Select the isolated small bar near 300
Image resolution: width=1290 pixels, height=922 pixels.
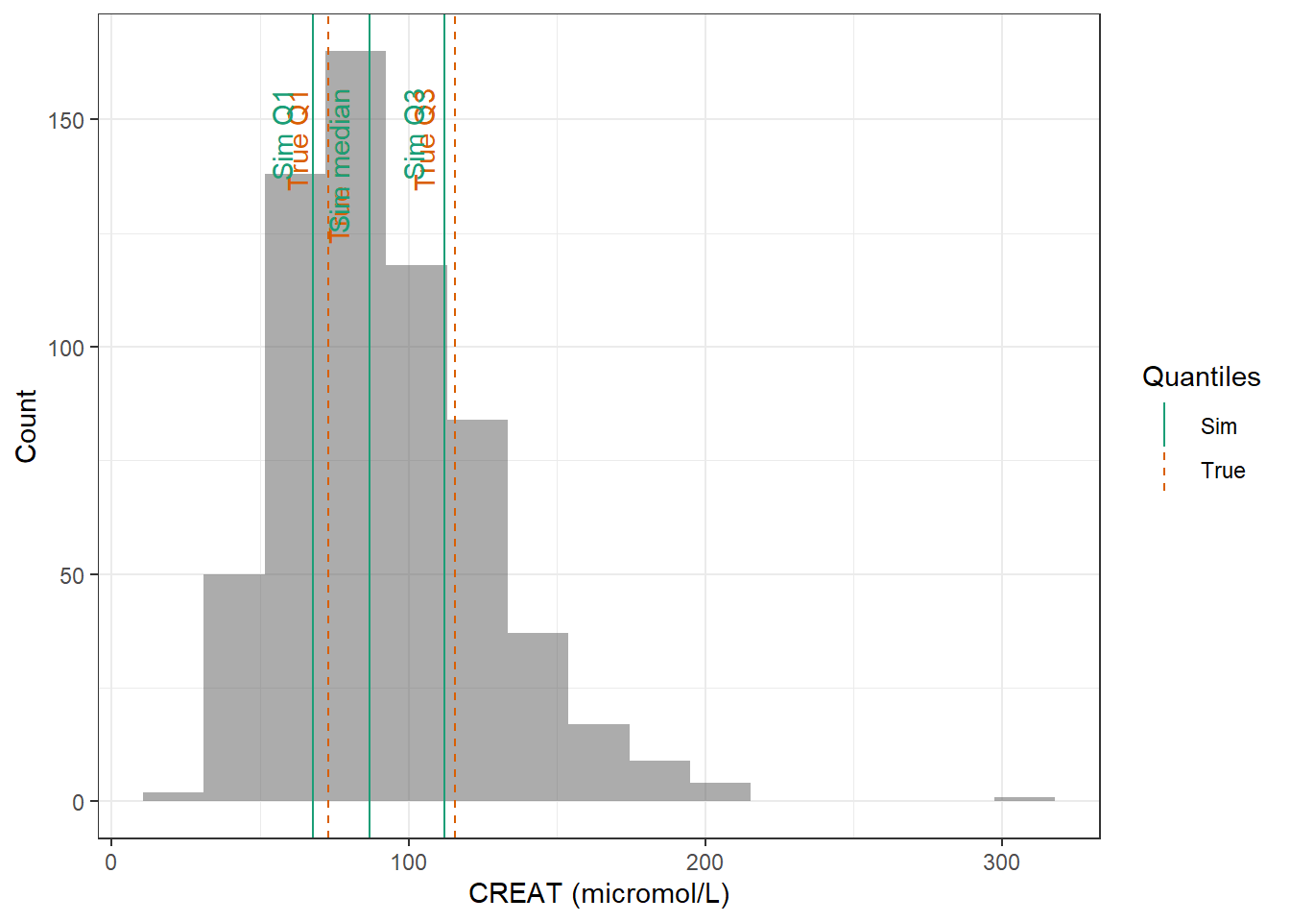coord(1024,799)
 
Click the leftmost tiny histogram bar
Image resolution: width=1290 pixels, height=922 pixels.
coord(173,796)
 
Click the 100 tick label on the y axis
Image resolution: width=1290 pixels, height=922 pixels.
coord(66,348)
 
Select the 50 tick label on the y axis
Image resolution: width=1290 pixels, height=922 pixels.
coord(72,575)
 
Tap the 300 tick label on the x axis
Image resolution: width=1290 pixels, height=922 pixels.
coord(1001,862)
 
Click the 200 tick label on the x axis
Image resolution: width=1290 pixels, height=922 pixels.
coord(705,862)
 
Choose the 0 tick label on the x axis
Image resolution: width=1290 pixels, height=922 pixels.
coord(111,862)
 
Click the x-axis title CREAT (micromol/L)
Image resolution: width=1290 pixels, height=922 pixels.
coord(599,894)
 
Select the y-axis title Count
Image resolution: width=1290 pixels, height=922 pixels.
coord(26,425)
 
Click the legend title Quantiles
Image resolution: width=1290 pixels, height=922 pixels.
coord(1201,376)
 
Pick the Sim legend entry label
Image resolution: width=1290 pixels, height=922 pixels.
coord(1218,426)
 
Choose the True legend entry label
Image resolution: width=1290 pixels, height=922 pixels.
coord(1222,471)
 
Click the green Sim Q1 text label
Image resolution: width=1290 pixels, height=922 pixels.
coord(283,135)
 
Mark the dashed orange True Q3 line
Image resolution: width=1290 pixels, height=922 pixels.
coord(455,480)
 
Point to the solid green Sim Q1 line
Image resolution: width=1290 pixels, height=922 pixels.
coord(313,480)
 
